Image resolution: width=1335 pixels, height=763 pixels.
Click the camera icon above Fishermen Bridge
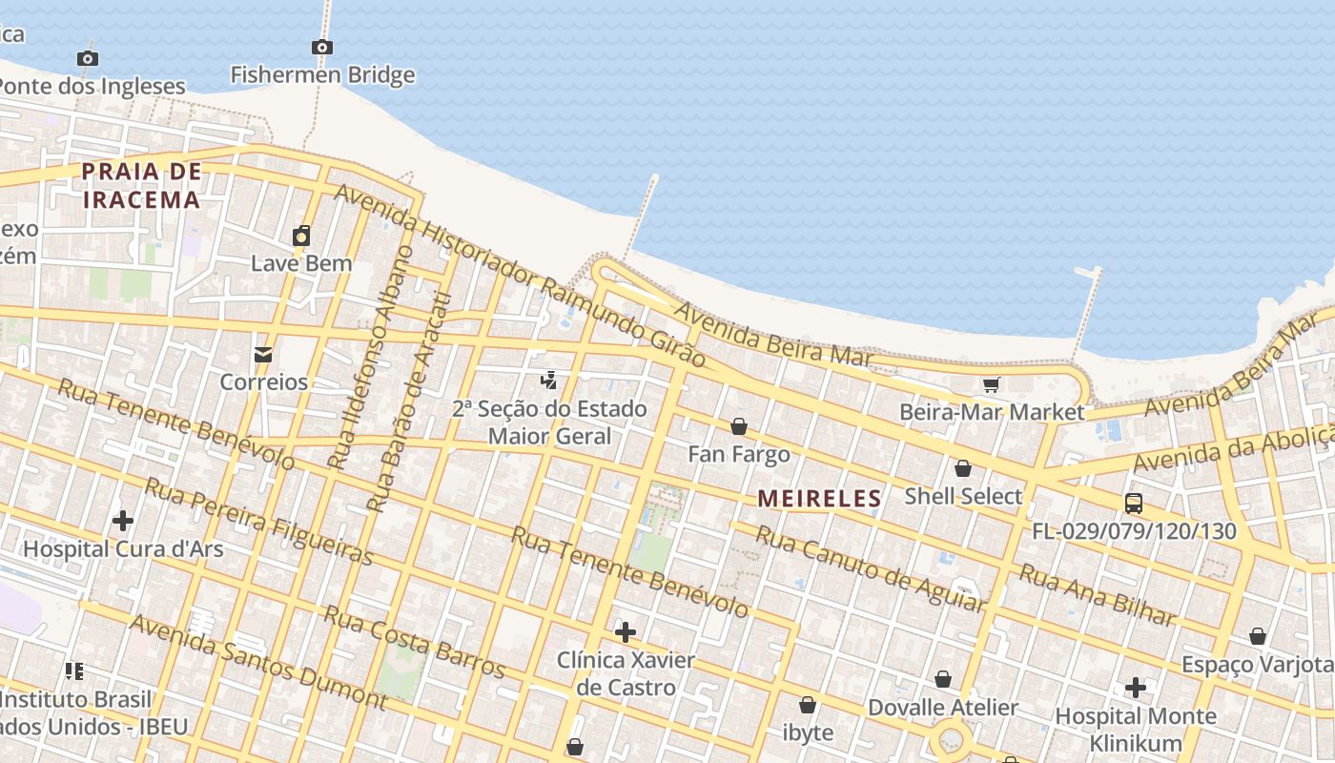tap(322, 47)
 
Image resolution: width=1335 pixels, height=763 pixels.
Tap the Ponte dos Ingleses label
tap(91, 86)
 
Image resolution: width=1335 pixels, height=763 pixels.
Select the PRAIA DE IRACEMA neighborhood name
tap(141, 185)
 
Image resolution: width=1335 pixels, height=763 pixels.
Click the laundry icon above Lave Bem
tap(301, 236)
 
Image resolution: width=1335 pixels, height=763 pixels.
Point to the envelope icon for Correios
tap(263, 355)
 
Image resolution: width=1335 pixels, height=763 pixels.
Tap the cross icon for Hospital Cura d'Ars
tap(123, 521)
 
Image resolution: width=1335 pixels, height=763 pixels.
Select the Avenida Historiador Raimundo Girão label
tap(520, 276)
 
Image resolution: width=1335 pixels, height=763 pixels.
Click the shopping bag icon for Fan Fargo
tap(739, 426)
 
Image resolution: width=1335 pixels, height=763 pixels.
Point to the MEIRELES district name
tap(820, 498)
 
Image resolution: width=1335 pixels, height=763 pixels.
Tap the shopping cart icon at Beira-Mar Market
tap(992, 384)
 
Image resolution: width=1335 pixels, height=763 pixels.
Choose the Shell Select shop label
tap(963, 496)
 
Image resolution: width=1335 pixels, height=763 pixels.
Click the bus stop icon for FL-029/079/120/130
tap(1134, 504)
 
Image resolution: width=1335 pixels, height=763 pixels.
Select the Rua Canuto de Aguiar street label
tap(869, 567)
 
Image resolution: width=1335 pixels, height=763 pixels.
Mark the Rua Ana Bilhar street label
tap(1097, 593)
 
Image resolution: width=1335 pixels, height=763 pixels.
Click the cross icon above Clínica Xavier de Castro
tap(626, 632)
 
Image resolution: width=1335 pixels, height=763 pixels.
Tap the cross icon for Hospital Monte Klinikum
tap(1136, 688)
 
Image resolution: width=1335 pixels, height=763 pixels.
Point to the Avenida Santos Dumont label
tap(257, 662)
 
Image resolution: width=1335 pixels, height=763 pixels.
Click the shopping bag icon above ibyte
tap(808, 705)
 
